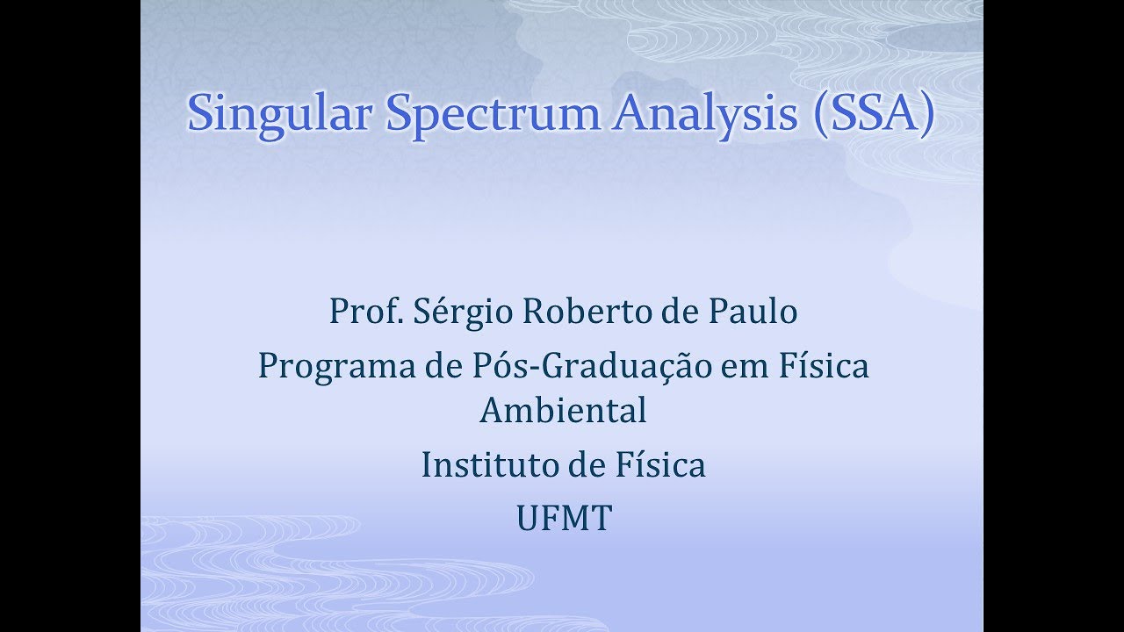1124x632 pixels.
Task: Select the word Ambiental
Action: click(x=563, y=411)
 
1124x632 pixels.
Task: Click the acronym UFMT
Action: click(x=563, y=519)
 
